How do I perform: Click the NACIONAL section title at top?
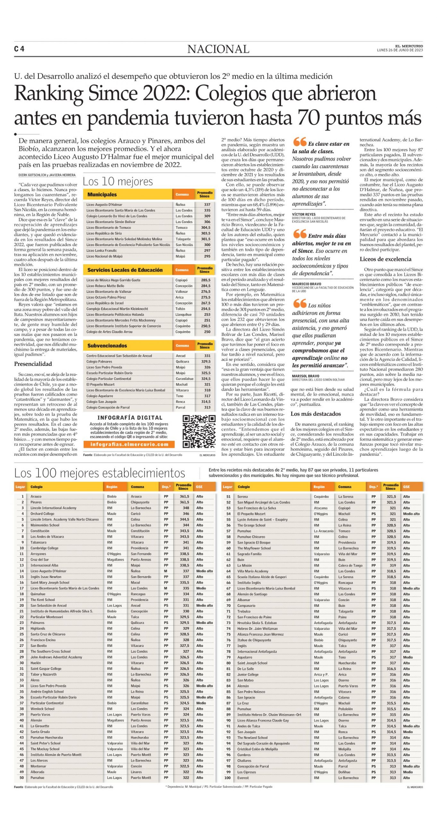[x=218, y=49]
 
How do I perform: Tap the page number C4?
[x=19, y=49]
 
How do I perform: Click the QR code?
[x=199, y=431]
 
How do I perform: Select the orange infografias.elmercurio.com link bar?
[x=129, y=444]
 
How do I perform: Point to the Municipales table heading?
[x=102, y=194]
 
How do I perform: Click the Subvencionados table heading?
[x=107, y=346]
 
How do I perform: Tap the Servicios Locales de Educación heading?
[x=125, y=270]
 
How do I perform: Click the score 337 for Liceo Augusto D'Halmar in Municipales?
[x=207, y=205]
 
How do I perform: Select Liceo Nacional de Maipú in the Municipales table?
[x=104, y=256]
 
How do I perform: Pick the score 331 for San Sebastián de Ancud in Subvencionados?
[x=207, y=356]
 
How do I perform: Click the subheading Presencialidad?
[x=33, y=364]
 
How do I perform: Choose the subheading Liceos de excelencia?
[x=385, y=259]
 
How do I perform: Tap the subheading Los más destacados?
[x=315, y=414]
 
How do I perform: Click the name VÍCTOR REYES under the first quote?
[x=304, y=214]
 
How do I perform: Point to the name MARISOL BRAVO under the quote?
[x=305, y=376]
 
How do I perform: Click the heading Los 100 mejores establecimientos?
[x=99, y=473]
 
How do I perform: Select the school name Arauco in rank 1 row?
[x=36, y=496]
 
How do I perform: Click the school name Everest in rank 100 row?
[x=243, y=778]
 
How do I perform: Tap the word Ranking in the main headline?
[x=49, y=94]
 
